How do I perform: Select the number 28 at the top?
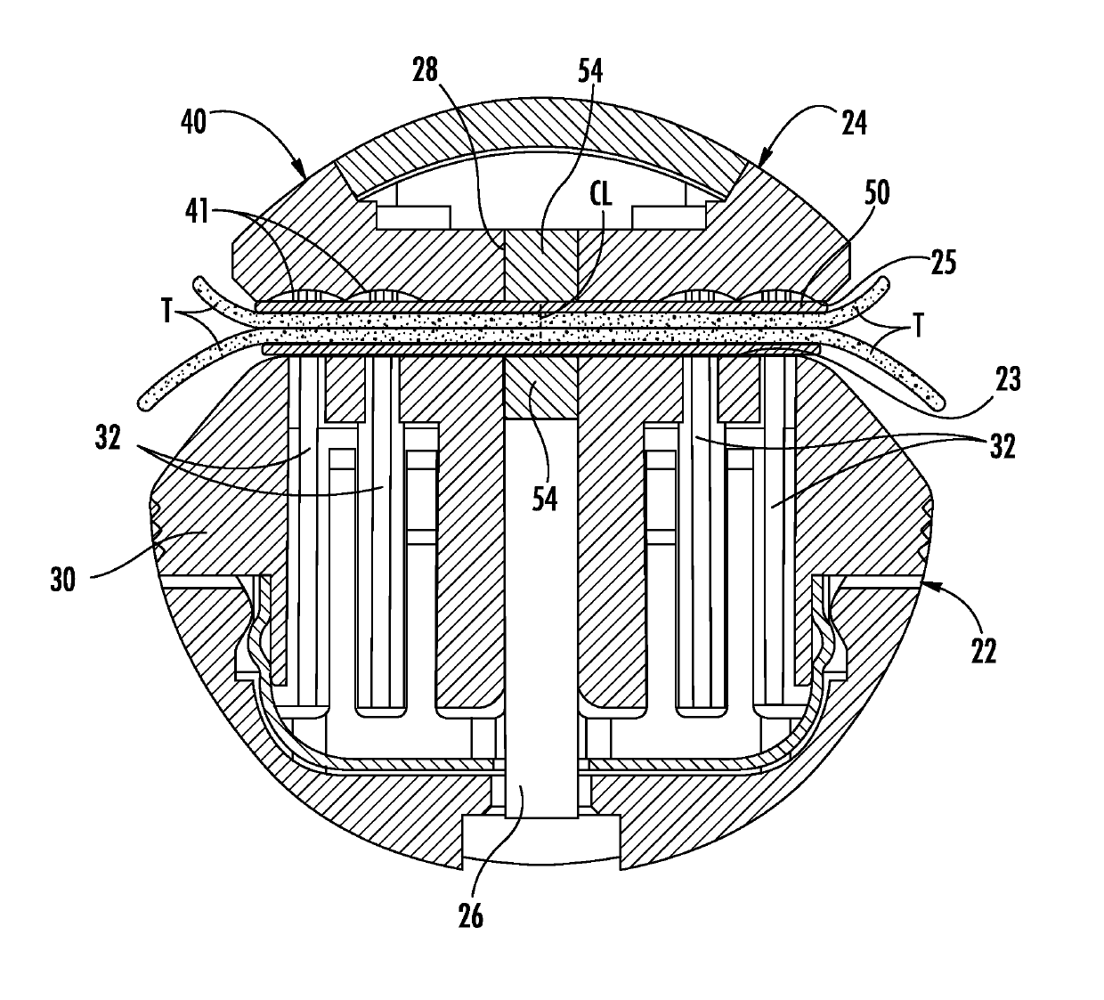tap(426, 70)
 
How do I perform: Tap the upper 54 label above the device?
tap(589, 70)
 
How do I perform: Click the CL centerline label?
tap(602, 195)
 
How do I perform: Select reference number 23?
tap(1009, 379)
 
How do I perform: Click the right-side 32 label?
tap(1003, 446)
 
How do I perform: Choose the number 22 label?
tap(981, 650)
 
